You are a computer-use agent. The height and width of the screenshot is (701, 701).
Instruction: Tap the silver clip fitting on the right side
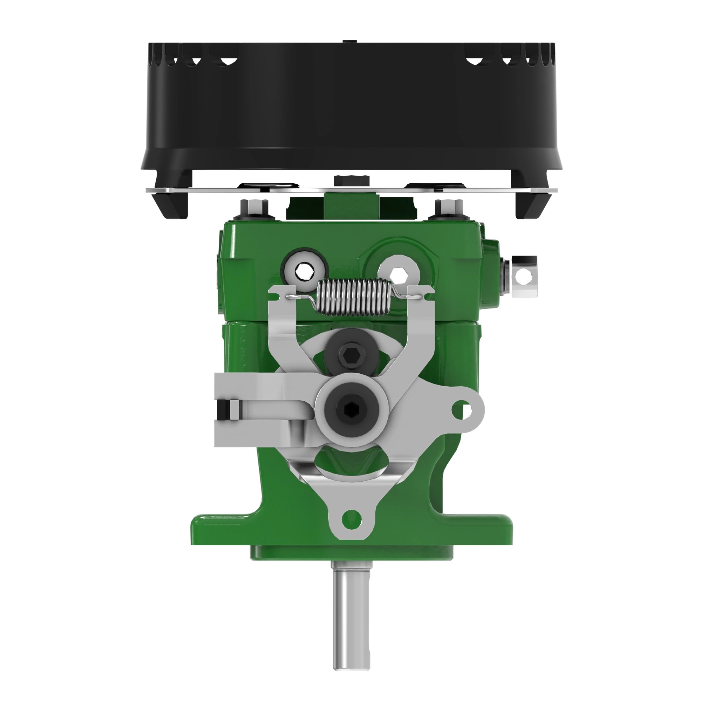point(524,277)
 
